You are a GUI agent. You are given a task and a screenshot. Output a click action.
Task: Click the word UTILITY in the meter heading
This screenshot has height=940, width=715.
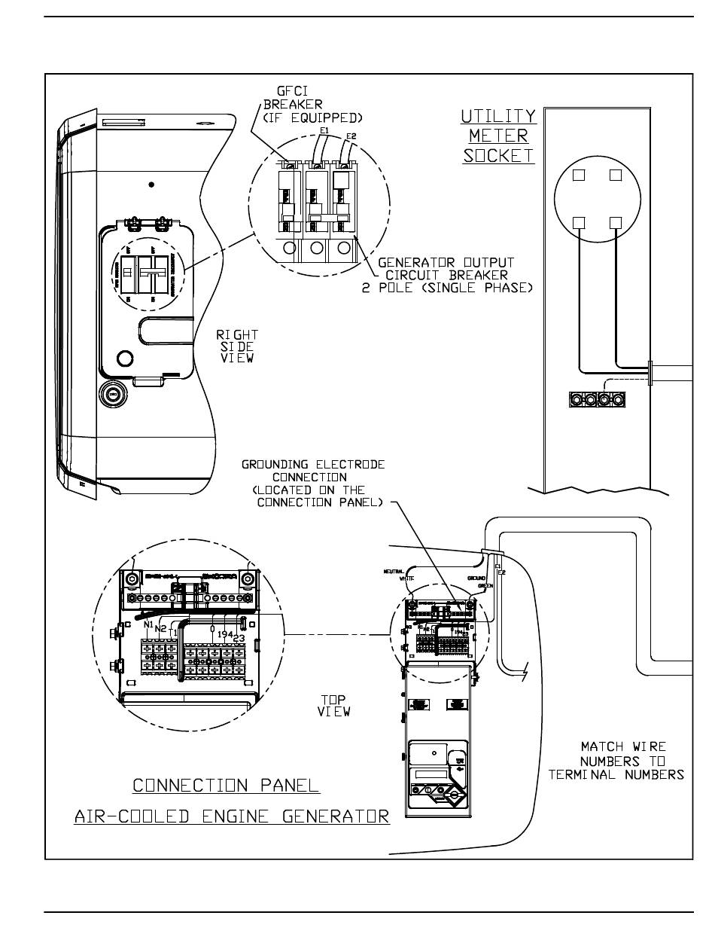[498, 117]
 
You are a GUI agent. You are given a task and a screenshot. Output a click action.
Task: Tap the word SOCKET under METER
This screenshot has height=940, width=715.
[498, 156]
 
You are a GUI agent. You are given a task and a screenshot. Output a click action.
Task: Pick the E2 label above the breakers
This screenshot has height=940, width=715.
[350, 136]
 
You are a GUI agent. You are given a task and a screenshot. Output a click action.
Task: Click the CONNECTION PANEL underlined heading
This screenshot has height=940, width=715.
[226, 786]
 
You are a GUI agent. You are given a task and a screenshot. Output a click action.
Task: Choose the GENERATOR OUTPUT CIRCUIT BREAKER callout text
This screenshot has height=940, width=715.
[447, 276]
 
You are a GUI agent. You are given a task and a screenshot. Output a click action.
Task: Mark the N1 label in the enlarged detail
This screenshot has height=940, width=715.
[148, 624]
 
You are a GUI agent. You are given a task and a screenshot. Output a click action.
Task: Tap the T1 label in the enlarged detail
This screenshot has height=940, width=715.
[174, 633]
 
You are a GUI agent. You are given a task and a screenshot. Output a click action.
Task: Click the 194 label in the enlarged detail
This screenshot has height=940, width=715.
[225, 634]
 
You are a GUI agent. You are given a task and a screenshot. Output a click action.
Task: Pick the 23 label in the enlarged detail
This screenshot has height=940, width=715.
[239, 639]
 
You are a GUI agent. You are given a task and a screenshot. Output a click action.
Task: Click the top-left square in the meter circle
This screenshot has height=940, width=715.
[580, 175]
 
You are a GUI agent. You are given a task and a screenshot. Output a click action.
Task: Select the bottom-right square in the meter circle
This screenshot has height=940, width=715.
[616, 222]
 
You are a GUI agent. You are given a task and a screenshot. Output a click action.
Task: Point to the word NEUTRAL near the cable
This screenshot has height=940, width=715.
[394, 571]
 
